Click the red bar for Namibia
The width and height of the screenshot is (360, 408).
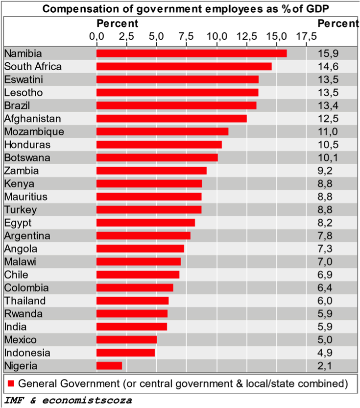192,53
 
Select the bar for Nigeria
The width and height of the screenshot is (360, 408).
109,365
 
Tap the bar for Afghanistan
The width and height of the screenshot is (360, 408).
171,118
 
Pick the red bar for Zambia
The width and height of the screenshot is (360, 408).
151,171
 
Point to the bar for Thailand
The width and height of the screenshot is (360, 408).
132,301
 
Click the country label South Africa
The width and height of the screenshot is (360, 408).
33,66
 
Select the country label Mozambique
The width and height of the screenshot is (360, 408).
34,131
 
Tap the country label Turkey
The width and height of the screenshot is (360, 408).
20,209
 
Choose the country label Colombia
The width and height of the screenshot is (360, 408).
26,287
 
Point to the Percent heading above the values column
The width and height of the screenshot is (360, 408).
338,23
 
